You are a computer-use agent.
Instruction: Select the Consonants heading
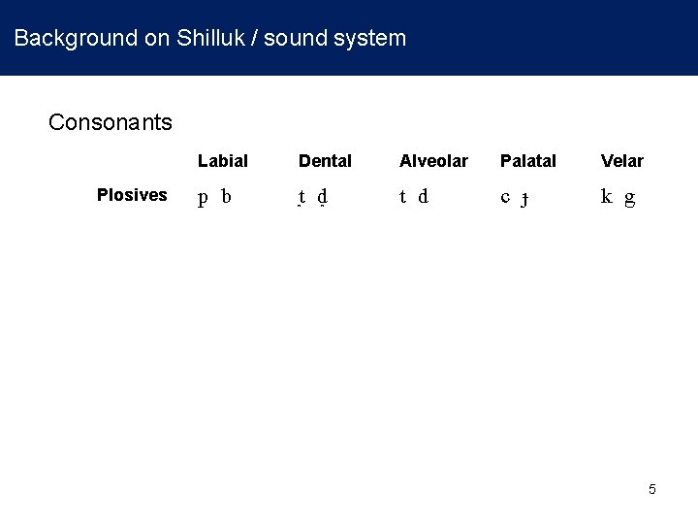tap(111, 122)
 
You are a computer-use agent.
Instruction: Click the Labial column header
tap(223, 160)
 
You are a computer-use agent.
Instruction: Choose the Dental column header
tap(325, 160)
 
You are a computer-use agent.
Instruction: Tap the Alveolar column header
tap(433, 160)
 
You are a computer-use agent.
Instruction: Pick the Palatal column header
tap(528, 160)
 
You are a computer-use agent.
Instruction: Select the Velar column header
tap(621, 160)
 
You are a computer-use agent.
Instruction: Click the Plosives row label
tap(132, 195)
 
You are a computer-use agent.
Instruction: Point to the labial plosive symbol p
tap(204, 199)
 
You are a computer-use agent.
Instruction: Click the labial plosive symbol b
tap(226, 197)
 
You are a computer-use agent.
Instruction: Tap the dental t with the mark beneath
tap(302, 198)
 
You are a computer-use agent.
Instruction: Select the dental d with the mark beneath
tap(322, 198)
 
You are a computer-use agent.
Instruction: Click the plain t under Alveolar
tap(402, 197)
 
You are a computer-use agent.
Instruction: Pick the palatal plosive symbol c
tap(505, 197)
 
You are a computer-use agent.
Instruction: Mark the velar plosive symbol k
tap(606, 197)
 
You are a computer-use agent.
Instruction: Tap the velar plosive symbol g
tap(629, 199)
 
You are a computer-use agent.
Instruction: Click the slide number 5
tap(652, 489)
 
